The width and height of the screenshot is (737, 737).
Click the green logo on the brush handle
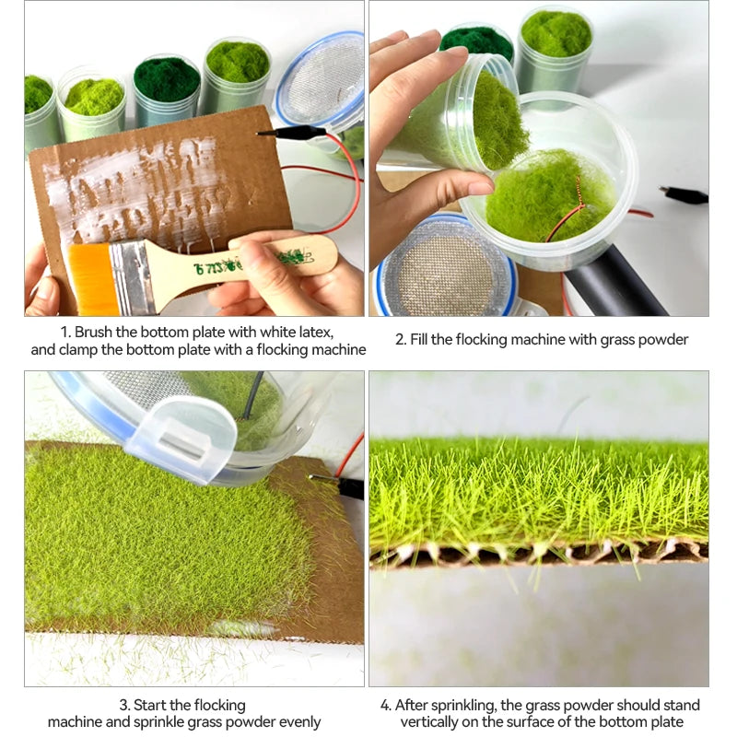click(254, 263)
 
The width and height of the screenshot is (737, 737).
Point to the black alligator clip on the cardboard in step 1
click(291, 133)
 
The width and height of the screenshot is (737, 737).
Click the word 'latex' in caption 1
click(316, 333)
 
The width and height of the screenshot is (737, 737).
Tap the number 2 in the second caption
click(400, 339)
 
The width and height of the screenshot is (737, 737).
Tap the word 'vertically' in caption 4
click(428, 722)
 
